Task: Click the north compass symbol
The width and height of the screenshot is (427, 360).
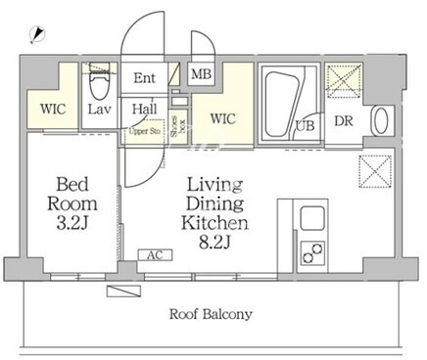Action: (x=37, y=35)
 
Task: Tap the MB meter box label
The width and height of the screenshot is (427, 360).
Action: (x=202, y=74)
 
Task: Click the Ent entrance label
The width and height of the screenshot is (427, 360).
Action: (x=145, y=78)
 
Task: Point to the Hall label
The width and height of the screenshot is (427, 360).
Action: (x=144, y=109)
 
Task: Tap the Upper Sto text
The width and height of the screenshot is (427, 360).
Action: (x=145, y=131)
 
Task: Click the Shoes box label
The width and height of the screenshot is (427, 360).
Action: (x=178, y=126)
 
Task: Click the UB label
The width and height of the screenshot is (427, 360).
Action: (x=306, y=125)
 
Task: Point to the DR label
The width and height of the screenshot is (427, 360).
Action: (x=344, y=121)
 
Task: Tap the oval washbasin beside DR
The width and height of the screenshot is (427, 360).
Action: (x=380, y=120)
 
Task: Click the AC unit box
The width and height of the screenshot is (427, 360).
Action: (x=155, y=255)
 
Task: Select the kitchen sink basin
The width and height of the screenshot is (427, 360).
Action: (x=312, y=218)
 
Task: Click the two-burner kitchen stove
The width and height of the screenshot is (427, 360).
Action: (x=312, y=252)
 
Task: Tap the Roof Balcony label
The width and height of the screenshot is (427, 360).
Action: (x=211, y=314)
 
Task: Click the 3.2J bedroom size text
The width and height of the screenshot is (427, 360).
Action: (x=72, y=223)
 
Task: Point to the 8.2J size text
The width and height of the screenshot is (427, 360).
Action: (x=214, y=243)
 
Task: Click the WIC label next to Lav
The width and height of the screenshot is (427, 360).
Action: (x=53, y=109)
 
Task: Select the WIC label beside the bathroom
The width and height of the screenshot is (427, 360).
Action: (x=223, y=118)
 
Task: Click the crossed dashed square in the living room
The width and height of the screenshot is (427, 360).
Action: (x=375, y=171)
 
